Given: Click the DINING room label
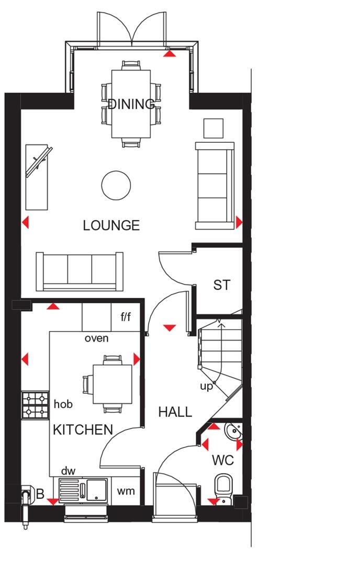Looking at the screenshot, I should coord(132,104).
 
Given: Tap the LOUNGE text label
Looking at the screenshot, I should coord(111,225).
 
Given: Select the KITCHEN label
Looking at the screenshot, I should coord(83,430).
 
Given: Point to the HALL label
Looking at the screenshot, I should coord(175,412).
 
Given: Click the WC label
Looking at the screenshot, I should coord(222,461).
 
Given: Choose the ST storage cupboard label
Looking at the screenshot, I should coord(221,285).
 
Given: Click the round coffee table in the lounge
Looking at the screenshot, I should coord(116,185).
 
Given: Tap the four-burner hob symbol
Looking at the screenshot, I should coord(35,404).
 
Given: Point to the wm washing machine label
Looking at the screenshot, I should coord(126,491).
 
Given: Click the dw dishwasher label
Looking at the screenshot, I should coord(68,471).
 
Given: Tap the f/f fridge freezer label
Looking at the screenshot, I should coord(126,317).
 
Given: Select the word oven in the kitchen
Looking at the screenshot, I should coord(97,338).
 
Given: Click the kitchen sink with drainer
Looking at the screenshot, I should coord(83,491).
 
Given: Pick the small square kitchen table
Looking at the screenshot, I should coord(112,384).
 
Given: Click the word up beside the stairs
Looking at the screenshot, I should coord(207,386).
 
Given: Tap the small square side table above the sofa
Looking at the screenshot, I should coord(213,128).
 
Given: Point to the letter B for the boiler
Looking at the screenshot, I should coord(40,494).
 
